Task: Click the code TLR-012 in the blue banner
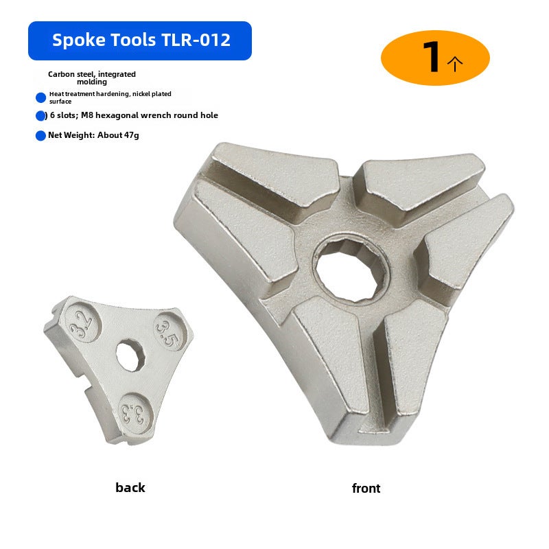tap(196, 40)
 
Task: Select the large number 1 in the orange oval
tap(432, 57)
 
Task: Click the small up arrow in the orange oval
tap(455, 64)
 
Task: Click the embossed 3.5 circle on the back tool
tap(169, 331)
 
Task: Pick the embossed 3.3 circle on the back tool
tap(135, 414)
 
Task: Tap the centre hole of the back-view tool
tap(130, 355)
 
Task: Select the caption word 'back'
tap(130, 487)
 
